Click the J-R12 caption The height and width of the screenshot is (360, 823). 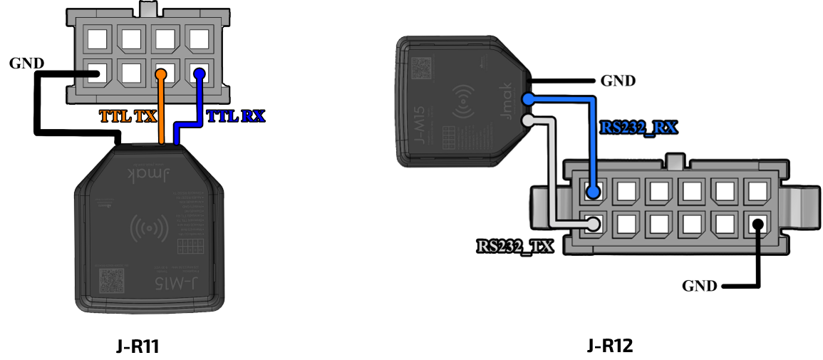[611, 346]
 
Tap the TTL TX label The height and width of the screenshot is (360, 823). [128, 116]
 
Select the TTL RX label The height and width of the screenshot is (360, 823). [235, 116]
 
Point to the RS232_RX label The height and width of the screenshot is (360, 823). [638, 128]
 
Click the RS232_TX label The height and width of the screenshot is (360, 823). [514, 247]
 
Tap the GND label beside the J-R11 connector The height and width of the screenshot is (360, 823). [26, 63]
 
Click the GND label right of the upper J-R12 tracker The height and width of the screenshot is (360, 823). [617, 81]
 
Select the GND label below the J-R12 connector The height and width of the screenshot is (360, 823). [700, 286]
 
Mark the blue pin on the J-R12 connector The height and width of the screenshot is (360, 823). [593, 191]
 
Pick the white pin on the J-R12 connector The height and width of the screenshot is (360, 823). [593, 224]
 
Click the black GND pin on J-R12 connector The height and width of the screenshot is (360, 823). [757, 224]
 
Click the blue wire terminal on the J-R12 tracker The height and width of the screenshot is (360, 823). [528, 99]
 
